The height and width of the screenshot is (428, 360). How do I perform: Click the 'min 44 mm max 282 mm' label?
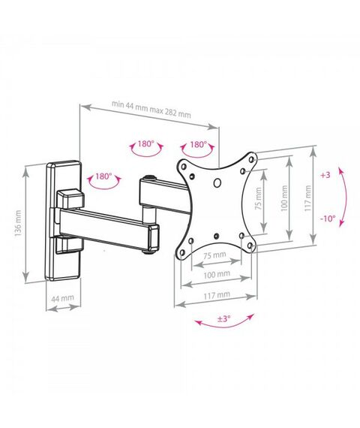pyautogui.click(x=151, y=108)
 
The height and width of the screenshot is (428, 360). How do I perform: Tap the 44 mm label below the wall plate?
pyautogui.click(x=63, y=298)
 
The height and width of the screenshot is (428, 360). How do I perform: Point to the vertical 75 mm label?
pyautogui.click(x=259, y=198)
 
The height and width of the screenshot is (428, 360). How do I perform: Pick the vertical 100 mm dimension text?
pyautogui.click(x=284, y=198)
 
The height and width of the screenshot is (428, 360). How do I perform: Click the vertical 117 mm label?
pyautogui.click(x=308, y=198)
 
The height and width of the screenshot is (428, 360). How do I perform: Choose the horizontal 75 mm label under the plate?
pyautogui.click(x=215, y=255)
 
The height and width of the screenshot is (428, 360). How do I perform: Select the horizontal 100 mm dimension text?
pyautogui.click(x=217, y=274)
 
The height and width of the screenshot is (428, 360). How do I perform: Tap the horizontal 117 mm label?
pyautogui.click(x=217, y=295)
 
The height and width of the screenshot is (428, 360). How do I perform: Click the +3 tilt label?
pyautogui.click(x=325, y=175)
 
